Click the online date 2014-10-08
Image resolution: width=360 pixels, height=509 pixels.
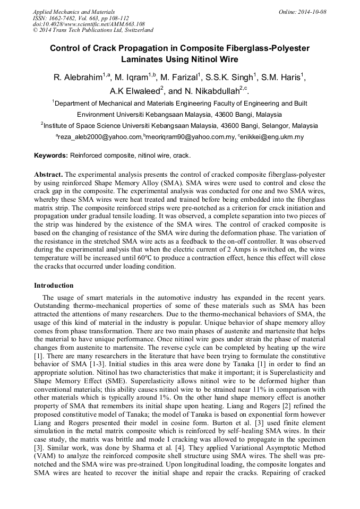(313, 12)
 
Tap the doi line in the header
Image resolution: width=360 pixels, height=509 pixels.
(89, 24)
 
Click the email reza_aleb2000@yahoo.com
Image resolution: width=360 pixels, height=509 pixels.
(99, 137)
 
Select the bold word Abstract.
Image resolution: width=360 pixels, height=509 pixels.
(48, 174)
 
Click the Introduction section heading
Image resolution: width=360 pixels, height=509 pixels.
(54, 286)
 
